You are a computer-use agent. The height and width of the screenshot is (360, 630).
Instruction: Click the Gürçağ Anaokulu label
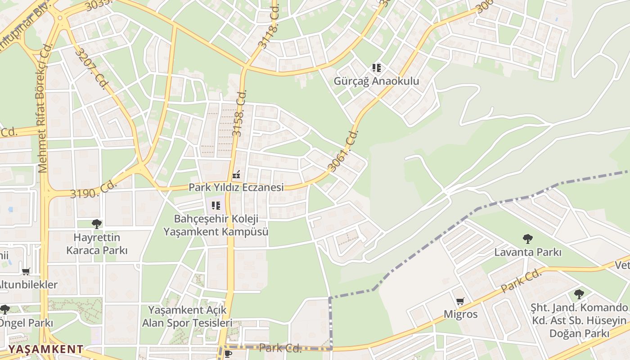(376, 81)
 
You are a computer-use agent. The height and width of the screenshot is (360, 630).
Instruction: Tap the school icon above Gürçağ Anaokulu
(377, 68)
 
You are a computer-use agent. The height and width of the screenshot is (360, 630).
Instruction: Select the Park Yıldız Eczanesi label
(236, 187)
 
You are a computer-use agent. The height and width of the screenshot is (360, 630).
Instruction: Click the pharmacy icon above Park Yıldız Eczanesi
(236, 175)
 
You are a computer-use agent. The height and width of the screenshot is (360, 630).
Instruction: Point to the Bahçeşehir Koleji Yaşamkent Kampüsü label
(216, 225)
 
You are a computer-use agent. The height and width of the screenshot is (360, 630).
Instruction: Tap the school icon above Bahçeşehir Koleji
(216, 206)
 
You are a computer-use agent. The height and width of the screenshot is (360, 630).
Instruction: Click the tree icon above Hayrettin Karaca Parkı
(96, 224)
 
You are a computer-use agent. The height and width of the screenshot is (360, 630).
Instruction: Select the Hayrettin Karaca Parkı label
(97, 244)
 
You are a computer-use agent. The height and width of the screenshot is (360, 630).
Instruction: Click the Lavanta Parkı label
(528, 252)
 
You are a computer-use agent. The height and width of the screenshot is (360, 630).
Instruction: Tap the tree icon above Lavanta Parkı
(528, 239)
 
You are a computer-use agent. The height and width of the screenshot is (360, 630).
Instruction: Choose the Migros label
(460, 314)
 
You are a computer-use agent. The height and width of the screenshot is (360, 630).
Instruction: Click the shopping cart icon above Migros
(460, 301)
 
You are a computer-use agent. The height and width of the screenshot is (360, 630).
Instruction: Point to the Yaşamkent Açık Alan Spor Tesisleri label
(187, 317)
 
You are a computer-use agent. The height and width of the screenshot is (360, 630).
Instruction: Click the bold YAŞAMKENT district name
(46, 349)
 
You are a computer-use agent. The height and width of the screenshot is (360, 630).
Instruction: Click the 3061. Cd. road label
(343, 151)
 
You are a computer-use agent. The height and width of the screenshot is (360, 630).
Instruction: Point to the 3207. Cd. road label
(90, 69)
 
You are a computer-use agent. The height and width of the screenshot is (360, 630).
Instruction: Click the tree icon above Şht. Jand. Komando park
(579, 294)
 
